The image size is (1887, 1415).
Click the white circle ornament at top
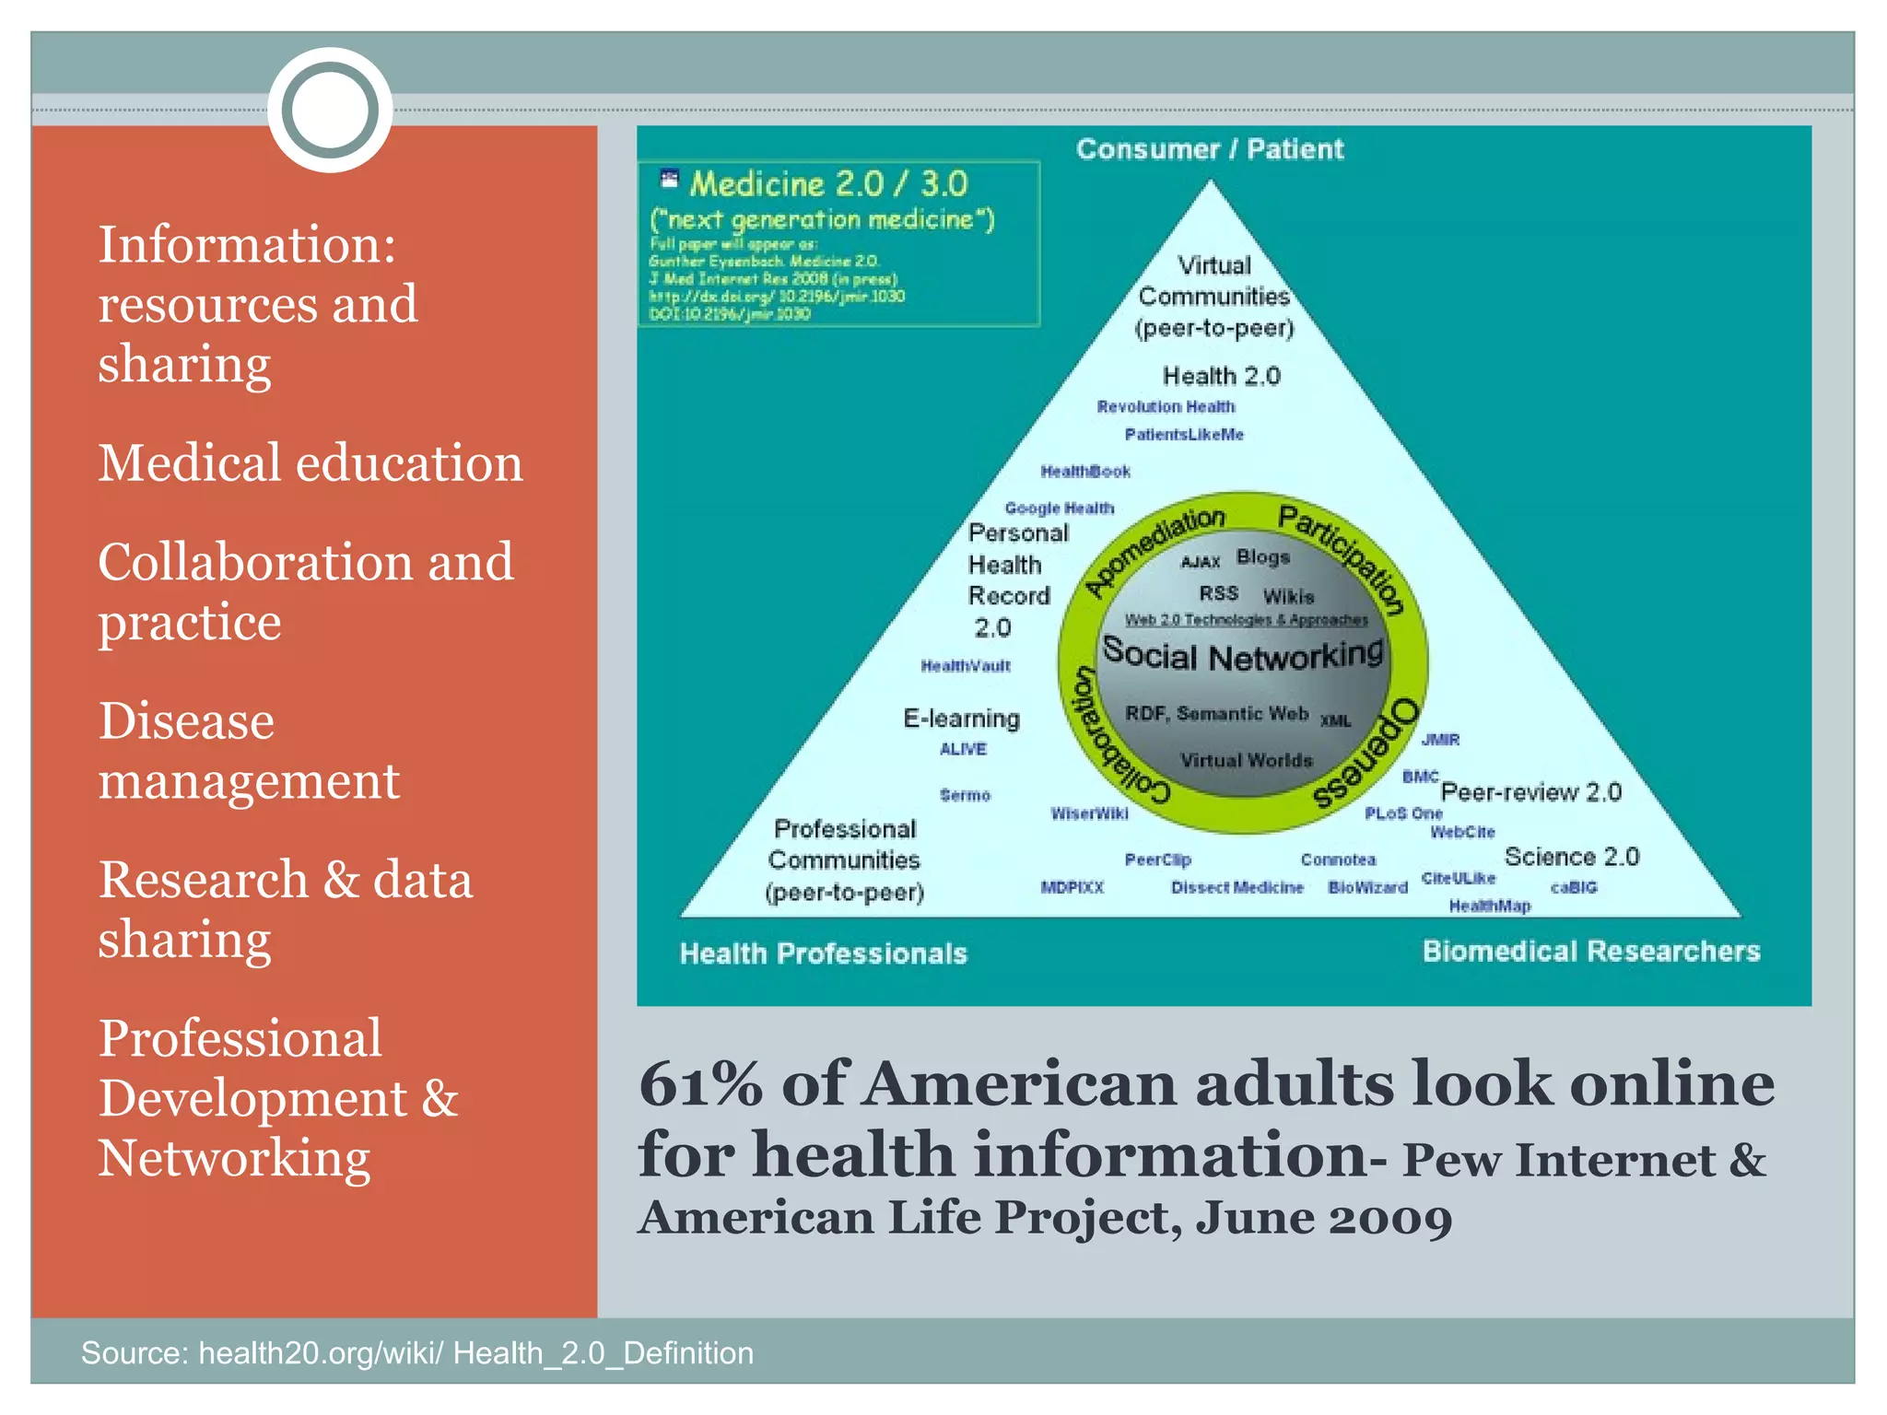pyautogui.click(x=330, y=110)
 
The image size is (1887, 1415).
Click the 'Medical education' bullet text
pyautogui.click(x=311, y=462)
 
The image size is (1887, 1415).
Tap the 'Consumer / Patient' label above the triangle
pyautogui.click(x=1209, y=149)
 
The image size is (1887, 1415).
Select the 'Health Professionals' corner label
pyautogui.click(x=823, y=953)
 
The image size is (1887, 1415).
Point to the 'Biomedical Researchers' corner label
pyautogui.click(x=1590, y=951)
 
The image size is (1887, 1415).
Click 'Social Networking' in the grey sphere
pyautogui.click(x=1243, y=656)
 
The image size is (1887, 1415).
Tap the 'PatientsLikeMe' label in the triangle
pyautogui.click(x=1184, y=435)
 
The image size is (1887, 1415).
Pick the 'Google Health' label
pyautogui.click(x=1059, y=509)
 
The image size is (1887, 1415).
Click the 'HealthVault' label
pyautogui.click(x=966, y=666)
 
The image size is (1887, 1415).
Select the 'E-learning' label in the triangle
pyautogui.click(x=961, y=719)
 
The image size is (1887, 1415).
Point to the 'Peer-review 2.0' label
pyautogui.click(x=1530, y=792)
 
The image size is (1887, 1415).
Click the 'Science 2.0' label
pyautogui.click(x=1571, y=857)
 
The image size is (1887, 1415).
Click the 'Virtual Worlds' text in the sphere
pyautogui.click(x=1246, y=761)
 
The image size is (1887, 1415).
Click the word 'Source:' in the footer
pyautogui.click(x=134, y=1352)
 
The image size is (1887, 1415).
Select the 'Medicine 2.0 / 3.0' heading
pyautogui.click(x=828, y=184)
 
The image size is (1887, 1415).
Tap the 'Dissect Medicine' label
pyautogui.click(x=1237, y=888)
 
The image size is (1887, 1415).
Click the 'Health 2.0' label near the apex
pyautogui.click(x=1221, y=376)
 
